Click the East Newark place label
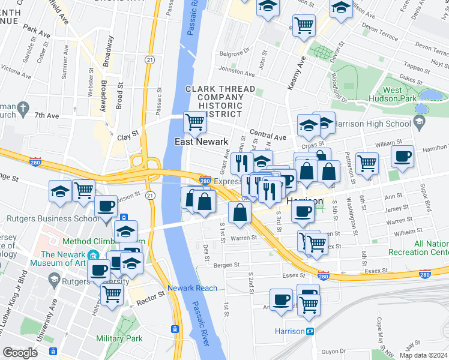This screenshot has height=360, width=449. [201, 142]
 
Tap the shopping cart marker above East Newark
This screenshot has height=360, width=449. [194, 122]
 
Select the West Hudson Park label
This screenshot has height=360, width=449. [401, 95]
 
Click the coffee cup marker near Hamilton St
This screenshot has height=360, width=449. [402, 156]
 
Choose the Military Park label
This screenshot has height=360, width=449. [119, 338]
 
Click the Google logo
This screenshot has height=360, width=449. [20, 353]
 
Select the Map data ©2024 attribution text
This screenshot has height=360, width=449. [423, 355]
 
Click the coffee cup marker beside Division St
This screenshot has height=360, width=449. [106, 206]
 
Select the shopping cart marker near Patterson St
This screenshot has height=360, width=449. [366, 161]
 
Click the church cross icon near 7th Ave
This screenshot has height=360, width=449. [23, 109]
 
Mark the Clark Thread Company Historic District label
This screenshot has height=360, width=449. [214, 101]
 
